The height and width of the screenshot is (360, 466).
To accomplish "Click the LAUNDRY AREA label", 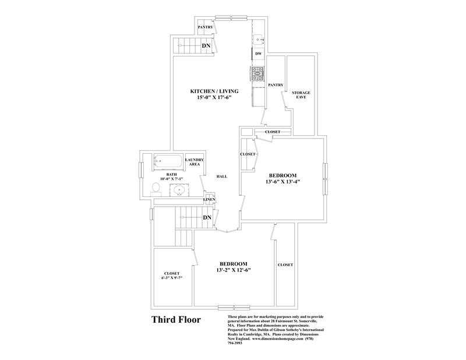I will pos(193,163).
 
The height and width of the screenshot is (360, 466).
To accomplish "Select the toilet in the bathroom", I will pos(156,188).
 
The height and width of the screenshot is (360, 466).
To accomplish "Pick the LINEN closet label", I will pos(209,200).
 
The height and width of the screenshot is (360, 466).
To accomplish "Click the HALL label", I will pos(221,176).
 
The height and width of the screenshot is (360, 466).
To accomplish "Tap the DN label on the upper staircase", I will pos(206,45).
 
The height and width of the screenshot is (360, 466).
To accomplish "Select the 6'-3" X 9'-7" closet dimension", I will pos(172,277).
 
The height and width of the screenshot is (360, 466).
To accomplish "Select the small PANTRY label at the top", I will pos(205,27).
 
